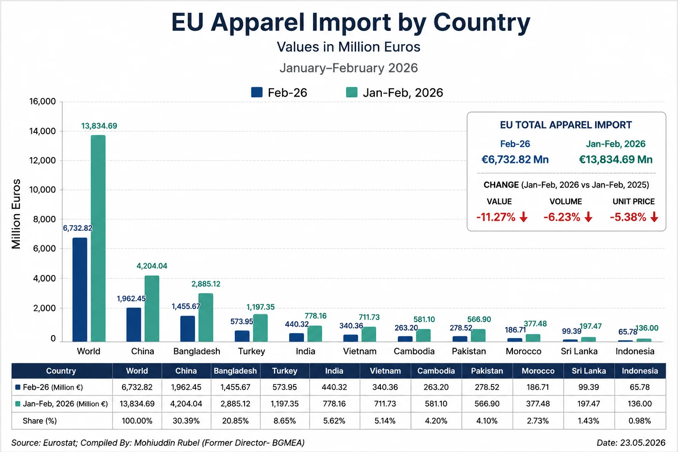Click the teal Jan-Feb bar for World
pos(98,238)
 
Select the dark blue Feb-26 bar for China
pos(134,324)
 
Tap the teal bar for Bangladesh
pos(206,317)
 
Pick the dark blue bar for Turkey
pos(242,336)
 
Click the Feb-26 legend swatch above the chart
pos(256,92)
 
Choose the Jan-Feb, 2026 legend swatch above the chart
pos(352,92)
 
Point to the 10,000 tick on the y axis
pos(42,190)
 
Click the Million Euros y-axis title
pos(16,214)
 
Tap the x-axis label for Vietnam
pos(360,351)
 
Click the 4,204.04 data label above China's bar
pos(152,266)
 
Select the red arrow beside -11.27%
pos(524,217)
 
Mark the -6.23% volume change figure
pos(562,217)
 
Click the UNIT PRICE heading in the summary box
pos(633,202)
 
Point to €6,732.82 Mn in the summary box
pos(515,159)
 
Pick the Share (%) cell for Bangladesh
pos(235,421)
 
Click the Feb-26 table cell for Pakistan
pos(487,387)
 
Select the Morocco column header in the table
pos(538,371)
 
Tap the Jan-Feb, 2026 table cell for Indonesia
pos(640,404)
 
